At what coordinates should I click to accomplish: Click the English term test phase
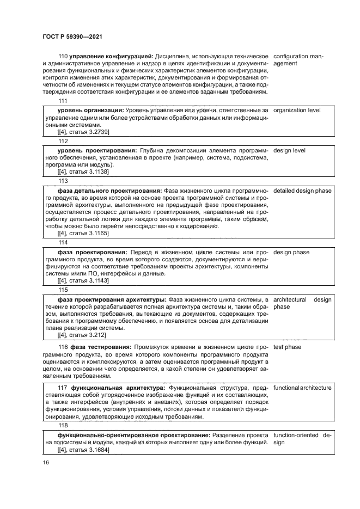(x=288, y=347)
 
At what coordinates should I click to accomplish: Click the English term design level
(x=289, y=150)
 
